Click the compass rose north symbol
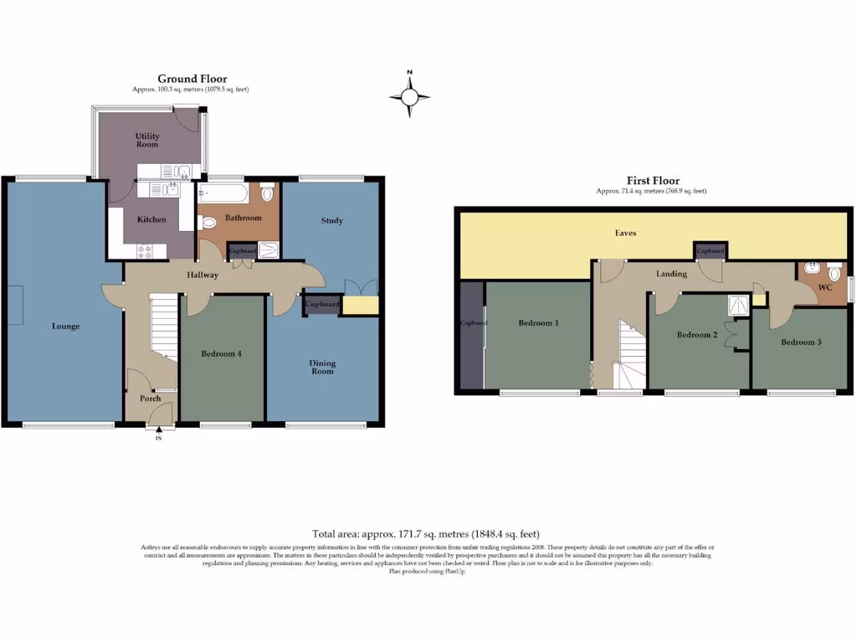409,96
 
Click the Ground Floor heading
192,80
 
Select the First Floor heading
653,181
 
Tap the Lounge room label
65,327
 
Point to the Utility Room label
147,140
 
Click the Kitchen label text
151,220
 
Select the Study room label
332,221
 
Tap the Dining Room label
322,367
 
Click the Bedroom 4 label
221,354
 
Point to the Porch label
150,399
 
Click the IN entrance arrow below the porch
158,432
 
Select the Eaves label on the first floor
625,233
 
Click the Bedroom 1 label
538,323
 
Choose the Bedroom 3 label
801,342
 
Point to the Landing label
671,274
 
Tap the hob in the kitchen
145,249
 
